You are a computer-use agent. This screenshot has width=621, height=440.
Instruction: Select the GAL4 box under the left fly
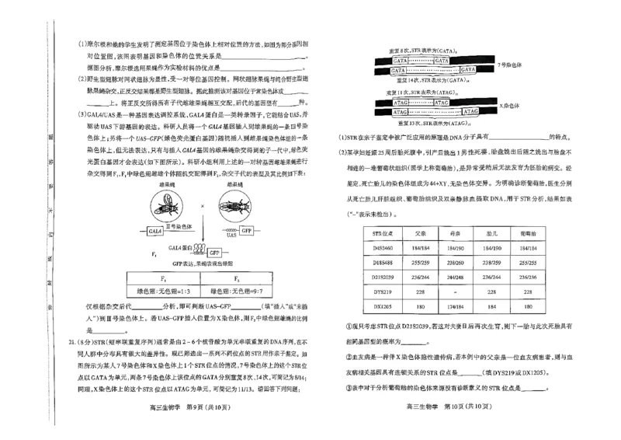pyautogui.click(x=155, y=231)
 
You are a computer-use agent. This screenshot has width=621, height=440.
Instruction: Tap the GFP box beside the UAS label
pyautogui.click(x=246, y=231)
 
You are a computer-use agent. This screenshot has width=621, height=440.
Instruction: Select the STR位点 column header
pyautogui.click(x=385, y=232)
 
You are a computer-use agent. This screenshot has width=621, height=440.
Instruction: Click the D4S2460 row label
pyautogui.click(x=384, y=248)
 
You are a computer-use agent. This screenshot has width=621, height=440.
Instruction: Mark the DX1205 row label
pyautogui.click(x=384, y=306)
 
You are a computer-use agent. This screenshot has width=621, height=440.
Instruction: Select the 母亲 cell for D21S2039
pyautogui.click(x=456, y=277)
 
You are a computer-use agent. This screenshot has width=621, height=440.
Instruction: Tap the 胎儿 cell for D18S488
pyautogui.click(x=491, y=263)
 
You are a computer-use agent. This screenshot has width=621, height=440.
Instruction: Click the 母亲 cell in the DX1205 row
pyautogui.click(x=456, y=306)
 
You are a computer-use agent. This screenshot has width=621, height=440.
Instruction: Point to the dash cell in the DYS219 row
pyautogui.click(x=456, y=292)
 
